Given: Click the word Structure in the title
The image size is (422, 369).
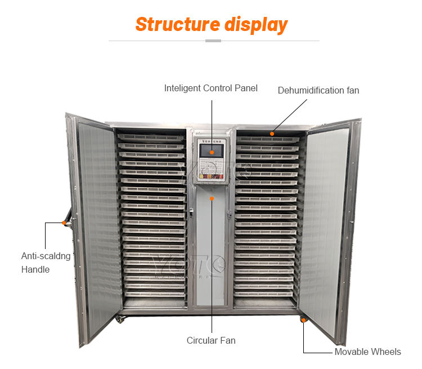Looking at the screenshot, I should [x=177, y=25].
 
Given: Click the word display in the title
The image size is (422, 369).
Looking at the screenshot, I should [x=256, y=25].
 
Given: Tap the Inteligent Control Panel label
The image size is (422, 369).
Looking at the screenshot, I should [x=210, y=88].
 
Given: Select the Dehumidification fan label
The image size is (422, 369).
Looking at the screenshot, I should [x=318, y=90].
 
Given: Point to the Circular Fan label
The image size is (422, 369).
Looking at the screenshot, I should [x=211, y=340].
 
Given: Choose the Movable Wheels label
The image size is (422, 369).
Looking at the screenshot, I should [x=367, y=352].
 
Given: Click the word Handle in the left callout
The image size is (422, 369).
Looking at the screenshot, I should [x=35, y=269].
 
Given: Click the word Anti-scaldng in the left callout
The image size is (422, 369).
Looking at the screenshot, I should [x=46, y=256].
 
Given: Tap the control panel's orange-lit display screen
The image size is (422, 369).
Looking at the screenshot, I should [x=212, y=151].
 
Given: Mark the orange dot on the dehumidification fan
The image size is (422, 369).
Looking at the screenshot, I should [x=272, y=134].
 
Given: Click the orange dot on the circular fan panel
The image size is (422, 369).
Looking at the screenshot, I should [x=212, y=198].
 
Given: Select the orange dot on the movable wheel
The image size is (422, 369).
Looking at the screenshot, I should [x=303, y=321].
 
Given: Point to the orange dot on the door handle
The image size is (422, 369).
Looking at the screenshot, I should [x=64, y=223].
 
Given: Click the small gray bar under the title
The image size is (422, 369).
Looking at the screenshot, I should [x=213, y=41].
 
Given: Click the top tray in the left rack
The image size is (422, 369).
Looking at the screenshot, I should [x=151, y=137].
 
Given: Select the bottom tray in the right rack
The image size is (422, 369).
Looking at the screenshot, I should [x=264, y=294].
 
